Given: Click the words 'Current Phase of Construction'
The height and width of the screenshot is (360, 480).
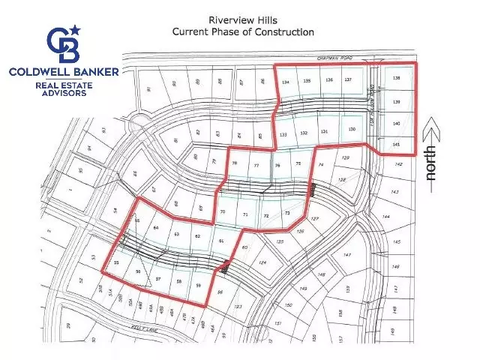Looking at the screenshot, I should (x=243, y=32).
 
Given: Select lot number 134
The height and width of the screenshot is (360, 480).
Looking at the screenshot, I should (x=285, y=81).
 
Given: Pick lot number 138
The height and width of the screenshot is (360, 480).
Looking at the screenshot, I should (x=397, y=79).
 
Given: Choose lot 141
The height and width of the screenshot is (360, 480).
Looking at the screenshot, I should (x=396, y=144).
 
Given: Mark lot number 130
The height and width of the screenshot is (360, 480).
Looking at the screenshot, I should (x=352, y=130).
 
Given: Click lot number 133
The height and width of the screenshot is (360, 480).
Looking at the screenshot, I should (x=283, y=134).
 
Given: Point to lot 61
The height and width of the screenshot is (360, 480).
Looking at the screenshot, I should (x=221, y=241).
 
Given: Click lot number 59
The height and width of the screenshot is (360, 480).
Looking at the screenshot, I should (x=198, y=286).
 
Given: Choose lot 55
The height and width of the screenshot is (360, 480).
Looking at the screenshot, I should (x=116, y=263).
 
